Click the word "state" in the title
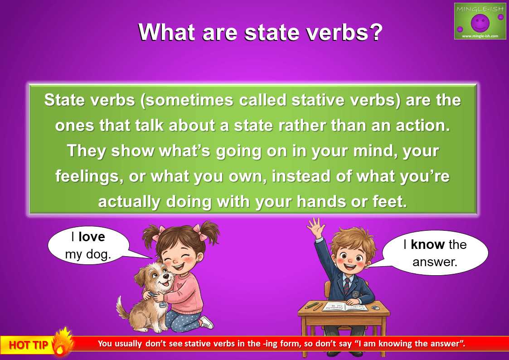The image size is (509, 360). [x=271, y=32]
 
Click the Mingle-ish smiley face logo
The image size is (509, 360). [x=480, y=22]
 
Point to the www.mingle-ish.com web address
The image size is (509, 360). [x=480, y=36]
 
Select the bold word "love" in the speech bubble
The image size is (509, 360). [x=92, y=237]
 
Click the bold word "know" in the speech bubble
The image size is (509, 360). [x=427, y=244]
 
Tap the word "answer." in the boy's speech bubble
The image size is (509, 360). [x=435, y=262]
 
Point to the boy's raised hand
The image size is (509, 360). [x=316, y=227]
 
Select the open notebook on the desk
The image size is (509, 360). [x=345, y=306]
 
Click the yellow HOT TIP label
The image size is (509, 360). [x=28, y=345]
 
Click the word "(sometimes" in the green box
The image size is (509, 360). [x=187, y=100]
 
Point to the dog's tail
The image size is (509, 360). [x=122, y=307]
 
